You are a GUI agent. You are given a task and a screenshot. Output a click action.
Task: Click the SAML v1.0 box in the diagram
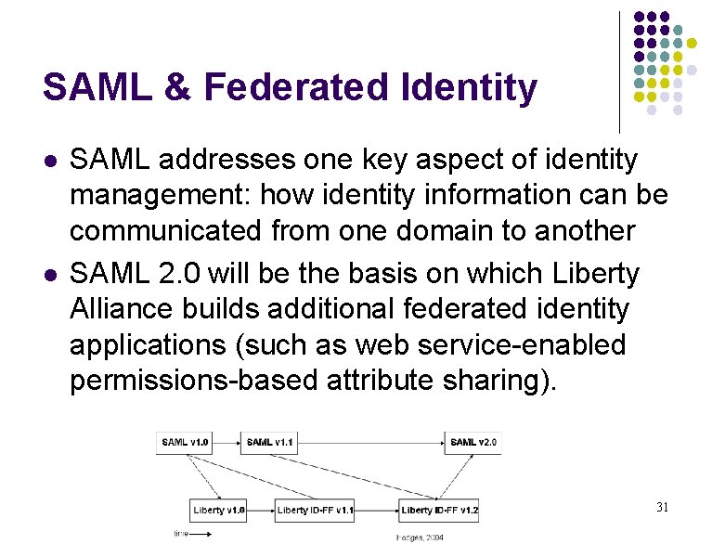[186, 442]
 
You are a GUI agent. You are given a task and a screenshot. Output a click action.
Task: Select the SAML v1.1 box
[270, 442]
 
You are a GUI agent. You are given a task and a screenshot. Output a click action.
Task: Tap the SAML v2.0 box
[473, 442]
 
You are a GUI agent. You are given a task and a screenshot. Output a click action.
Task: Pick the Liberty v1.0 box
[219, 510]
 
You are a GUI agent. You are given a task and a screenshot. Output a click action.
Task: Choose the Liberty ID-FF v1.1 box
[315, 510]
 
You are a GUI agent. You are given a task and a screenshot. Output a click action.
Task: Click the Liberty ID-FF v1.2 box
[439, 510]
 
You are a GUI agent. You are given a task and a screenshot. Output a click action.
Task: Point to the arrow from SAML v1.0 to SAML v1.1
[227, 442]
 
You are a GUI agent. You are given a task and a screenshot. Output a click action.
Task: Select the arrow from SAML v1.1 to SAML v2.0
[371, 442]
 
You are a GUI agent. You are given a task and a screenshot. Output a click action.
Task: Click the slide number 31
[662, 507]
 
